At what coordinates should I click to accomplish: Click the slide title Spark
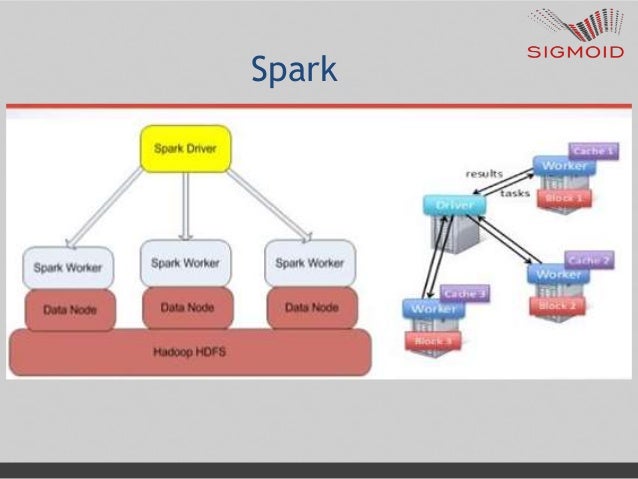[x=294, y=70]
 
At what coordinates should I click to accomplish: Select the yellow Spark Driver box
[x=185, y=148]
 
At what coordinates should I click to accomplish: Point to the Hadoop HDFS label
[x=188, y=352]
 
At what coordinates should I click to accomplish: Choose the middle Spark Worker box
[x=185, y=263]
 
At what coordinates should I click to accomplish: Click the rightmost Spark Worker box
[x=309, y=264]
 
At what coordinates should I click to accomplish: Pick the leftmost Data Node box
[x=70, y=310]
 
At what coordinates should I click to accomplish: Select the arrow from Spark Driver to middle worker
[x=185, y=205]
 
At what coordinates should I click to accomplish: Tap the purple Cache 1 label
[x=592, y=151]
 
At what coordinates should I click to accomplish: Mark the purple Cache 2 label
[x=589, y=260]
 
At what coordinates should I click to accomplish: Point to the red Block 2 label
[x=558, y=305]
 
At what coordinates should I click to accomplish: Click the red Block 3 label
[x=433, y=341]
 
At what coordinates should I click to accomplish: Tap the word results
[x=484, y=174]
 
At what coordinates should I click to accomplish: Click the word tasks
[x=514, y=193]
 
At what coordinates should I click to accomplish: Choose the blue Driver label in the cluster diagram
[x=453, y=205]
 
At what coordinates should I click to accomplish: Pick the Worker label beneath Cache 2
[x=559, y=274]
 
